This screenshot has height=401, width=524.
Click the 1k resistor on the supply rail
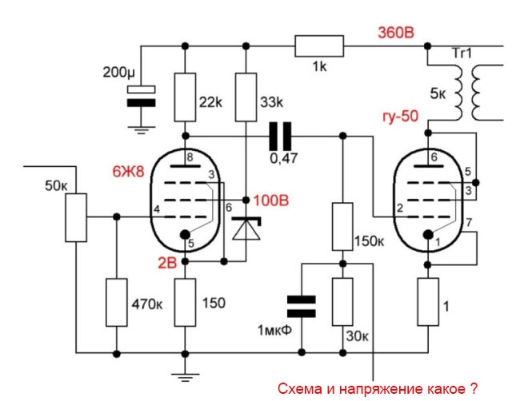coord(320,45)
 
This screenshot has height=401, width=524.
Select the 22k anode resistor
coord(185,97)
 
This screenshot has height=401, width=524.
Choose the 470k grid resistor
coord(117,303)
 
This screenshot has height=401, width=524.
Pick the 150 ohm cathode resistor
coord(185,303)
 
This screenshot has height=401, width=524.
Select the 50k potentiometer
coord(77,216)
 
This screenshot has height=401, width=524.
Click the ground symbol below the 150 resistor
coord(185,372)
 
